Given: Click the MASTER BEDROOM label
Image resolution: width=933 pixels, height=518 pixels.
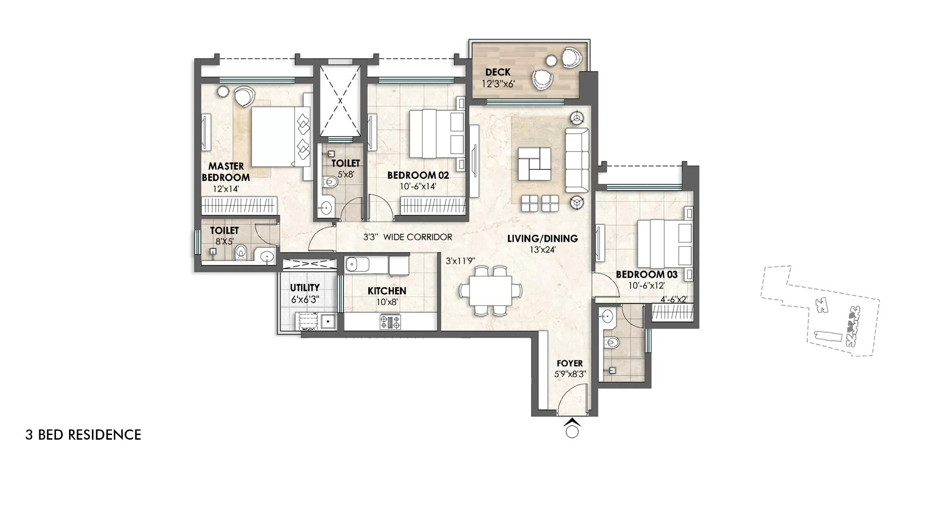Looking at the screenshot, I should click(226, 172).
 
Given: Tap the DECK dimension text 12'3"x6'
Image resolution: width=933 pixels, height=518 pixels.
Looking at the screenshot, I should click(498, 84).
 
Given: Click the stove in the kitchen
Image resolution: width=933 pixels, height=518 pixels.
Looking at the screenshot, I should click(390, 322).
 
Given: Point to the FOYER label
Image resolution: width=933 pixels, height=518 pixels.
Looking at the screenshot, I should click(570, 363).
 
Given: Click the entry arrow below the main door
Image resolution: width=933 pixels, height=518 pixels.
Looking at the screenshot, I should click(572, 423).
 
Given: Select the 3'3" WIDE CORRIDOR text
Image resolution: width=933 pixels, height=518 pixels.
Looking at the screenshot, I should click(407, 237).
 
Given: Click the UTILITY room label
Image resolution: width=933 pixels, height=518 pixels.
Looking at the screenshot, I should click(305, 288).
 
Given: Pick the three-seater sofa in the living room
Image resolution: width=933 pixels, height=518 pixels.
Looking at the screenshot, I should click(577, 160).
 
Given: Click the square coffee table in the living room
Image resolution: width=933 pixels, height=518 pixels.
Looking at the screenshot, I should click(535, 164).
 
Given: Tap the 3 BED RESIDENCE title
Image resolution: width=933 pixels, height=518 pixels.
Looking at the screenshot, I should click(83, 435).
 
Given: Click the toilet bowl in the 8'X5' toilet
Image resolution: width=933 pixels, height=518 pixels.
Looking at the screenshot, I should click(241, 252).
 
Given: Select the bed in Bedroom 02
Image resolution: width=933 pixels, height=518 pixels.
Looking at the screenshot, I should click(436, 134).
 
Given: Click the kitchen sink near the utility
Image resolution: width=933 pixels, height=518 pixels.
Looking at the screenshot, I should click(357, 264).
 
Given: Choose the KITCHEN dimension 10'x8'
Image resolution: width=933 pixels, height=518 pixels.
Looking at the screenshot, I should click(387, 302).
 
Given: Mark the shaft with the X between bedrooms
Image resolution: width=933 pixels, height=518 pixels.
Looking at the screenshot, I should click(340, 100).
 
